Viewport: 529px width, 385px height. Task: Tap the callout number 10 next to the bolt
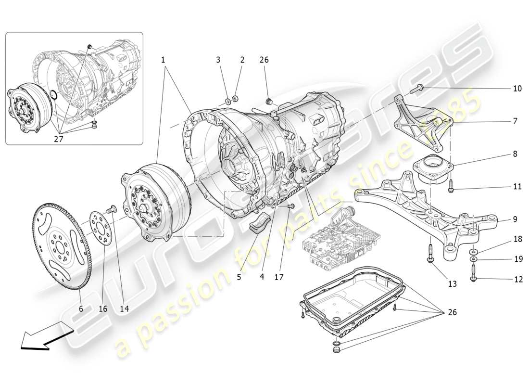pyautogui.click(x=517, y=89)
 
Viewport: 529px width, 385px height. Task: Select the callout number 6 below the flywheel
pyautogui.click(x=81, y=308)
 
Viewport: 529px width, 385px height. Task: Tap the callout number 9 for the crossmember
pyautogui.click(x=515, y=219)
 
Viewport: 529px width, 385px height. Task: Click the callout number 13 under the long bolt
pyautogui.click(x=452, y=284)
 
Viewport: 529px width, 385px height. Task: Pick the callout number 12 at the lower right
pyautogui.click(x=517, y=279)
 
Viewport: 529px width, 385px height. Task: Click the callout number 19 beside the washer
pyautogui.click(x=517, y=259)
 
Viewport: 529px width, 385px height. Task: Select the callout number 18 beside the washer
pyautogui.click(x=517, y=239)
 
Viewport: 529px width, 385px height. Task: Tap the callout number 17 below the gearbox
pyautogui.click(x=279, y=277)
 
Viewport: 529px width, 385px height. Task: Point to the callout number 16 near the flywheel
pyautogui.click(x=103, y=308)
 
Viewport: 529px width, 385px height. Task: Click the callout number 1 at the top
pyautogui.click(x=163, y=60)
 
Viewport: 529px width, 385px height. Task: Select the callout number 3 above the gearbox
pyautogui.click(x=218, y=60)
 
